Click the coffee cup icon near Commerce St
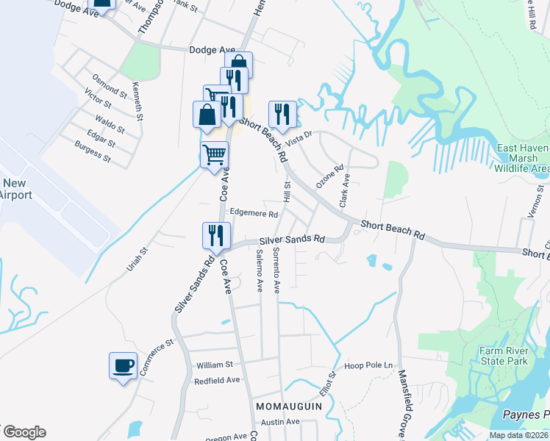(x=124, y=365)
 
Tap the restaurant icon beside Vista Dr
(x=282, y=115)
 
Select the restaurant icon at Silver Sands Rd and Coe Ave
(x=217, y=236)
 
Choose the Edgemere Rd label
(x=254, y=214)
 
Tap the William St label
(x=214, y=365)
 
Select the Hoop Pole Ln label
(x=365, y=365)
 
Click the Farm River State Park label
(x=504, y=356)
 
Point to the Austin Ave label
(x=282, y=422)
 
